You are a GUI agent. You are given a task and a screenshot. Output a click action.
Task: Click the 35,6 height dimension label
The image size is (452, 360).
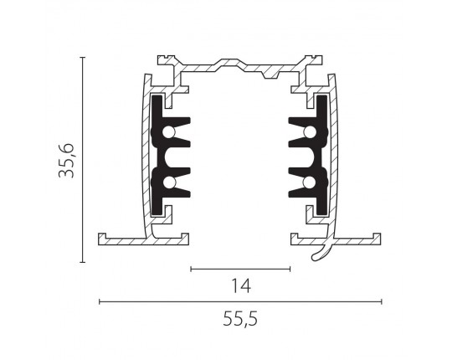point(67,161)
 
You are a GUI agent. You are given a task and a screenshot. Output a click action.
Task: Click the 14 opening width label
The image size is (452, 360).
point(241,286)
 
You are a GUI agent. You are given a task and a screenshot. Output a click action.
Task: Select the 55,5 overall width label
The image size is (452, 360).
point(240,319)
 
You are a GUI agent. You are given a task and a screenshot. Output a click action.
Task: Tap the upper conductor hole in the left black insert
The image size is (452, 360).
point(168,132)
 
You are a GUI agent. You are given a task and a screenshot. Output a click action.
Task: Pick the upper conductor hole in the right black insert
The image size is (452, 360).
point(311,132)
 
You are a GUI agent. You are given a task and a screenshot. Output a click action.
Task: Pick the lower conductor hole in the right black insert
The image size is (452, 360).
point(311,183)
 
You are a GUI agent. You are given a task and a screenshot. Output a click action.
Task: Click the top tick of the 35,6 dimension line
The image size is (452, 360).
point(83,58)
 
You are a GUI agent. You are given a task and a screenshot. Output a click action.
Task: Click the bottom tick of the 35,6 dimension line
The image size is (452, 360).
point(83,262)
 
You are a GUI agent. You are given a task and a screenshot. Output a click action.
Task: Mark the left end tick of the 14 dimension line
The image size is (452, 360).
point(191,270)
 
